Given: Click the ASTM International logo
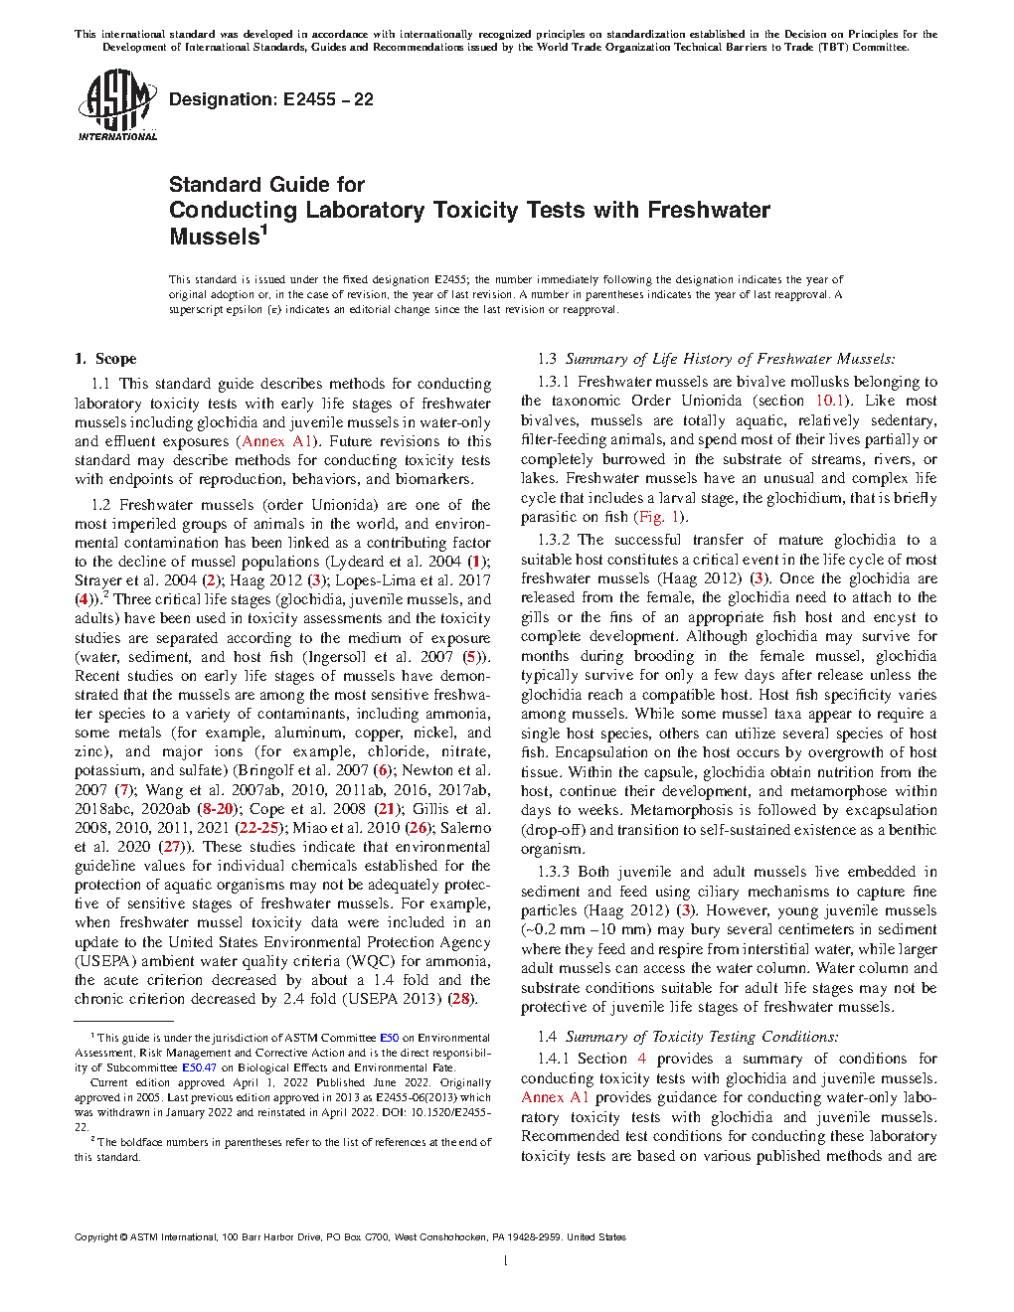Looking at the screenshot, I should pos(117,104).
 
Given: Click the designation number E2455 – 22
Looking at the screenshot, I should pos(271,99).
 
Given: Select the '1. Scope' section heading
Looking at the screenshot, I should pos(105,359).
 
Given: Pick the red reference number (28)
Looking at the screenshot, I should pos(461,999).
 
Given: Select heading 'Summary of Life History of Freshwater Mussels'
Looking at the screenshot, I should pos(730,359).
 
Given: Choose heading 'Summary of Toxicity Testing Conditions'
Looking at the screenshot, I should pos(702,1036).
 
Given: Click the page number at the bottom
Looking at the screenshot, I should pos(506,1261).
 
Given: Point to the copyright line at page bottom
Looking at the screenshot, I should pos(350,1237).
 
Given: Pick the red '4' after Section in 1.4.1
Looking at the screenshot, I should pos(642,1059).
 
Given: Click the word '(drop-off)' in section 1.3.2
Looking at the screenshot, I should pos(553,830).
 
